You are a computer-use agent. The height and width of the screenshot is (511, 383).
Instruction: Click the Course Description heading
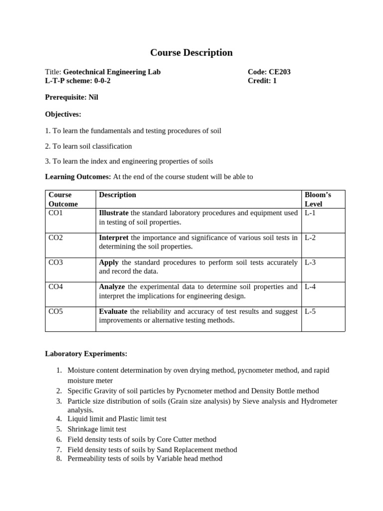coord(191,52)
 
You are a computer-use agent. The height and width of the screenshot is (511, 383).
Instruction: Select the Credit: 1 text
coord(262,81)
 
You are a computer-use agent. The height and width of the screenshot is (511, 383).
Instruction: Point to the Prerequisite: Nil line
coord(71,97)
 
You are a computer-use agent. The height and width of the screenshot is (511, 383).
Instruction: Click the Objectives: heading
coord(63,114)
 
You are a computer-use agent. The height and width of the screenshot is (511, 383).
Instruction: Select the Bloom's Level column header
coord(317,199)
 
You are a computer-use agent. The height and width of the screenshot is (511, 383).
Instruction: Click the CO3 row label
coord(56,262)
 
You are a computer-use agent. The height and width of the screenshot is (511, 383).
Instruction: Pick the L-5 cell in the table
coord(310,312)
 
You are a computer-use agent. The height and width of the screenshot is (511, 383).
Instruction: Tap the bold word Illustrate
coord(114,213)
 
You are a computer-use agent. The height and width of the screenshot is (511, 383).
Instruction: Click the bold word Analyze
coord(112,287)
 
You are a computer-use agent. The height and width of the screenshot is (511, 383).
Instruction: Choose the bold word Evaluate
coord(113,311)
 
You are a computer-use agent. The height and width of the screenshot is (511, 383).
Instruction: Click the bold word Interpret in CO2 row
coord(114,238)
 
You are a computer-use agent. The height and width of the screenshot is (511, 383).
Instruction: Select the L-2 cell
coord(310,238)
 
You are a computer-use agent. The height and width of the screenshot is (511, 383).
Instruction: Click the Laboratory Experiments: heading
coord(86,354)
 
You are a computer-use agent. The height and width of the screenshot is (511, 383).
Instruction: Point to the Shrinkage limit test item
coord(97,429)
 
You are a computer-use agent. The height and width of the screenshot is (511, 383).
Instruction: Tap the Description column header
coord(118,195)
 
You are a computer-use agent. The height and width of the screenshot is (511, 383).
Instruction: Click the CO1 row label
coord(56,213)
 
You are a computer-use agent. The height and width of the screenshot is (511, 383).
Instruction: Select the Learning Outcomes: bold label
coord(78,177)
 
